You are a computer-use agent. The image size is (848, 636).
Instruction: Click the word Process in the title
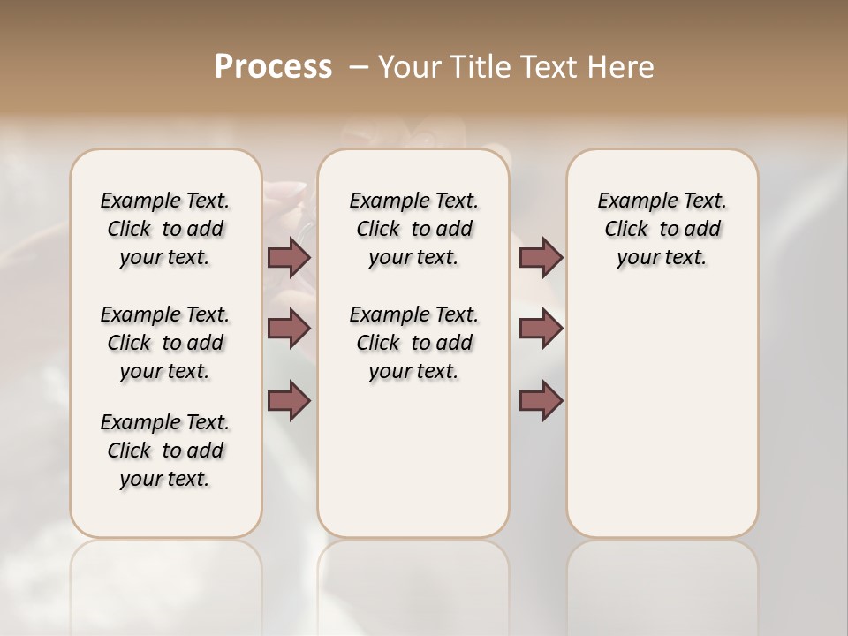point(273,67)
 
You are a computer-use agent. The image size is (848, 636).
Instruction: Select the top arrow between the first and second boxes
point(289,257)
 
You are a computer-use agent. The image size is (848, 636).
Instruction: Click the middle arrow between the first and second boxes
point(289,329)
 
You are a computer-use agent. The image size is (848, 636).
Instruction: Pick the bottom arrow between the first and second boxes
point(289,400)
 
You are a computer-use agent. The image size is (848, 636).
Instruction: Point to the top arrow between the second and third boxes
point(541,257)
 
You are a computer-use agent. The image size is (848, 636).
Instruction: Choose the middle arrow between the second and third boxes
point(541,329)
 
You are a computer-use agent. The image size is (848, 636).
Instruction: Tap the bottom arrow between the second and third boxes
point(541,400)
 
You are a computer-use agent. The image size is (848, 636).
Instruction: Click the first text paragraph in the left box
point(165,229)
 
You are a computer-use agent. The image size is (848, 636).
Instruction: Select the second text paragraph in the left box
point(165,343)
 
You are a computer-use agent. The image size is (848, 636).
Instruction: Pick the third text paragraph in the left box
point(165,450)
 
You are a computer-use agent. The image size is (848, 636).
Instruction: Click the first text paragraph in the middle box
point(413,229)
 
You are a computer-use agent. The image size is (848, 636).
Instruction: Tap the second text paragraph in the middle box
point(413,343)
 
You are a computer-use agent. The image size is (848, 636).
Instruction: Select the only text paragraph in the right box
point(662,229)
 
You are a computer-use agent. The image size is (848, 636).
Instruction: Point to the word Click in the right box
point(626,230)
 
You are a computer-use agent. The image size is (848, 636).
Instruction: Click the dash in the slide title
point(359,67)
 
